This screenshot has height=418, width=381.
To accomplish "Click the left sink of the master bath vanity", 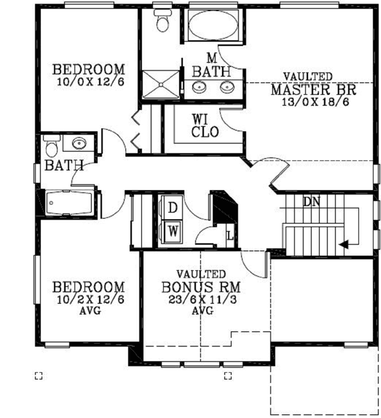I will pos(200,87).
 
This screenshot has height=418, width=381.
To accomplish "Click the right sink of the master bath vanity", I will pos(227,87).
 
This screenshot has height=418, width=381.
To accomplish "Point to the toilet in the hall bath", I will pos(51,148).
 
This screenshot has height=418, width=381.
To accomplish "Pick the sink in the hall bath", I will pos(78,143).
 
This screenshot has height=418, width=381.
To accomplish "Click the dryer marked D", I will pos(172,208).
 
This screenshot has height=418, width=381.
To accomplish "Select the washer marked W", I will pos(172,232).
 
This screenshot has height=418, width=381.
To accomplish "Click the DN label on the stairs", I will pos(311,202).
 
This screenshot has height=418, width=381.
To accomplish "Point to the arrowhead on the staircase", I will pos(344,245).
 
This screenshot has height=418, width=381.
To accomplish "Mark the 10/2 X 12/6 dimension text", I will pos(90,299).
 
